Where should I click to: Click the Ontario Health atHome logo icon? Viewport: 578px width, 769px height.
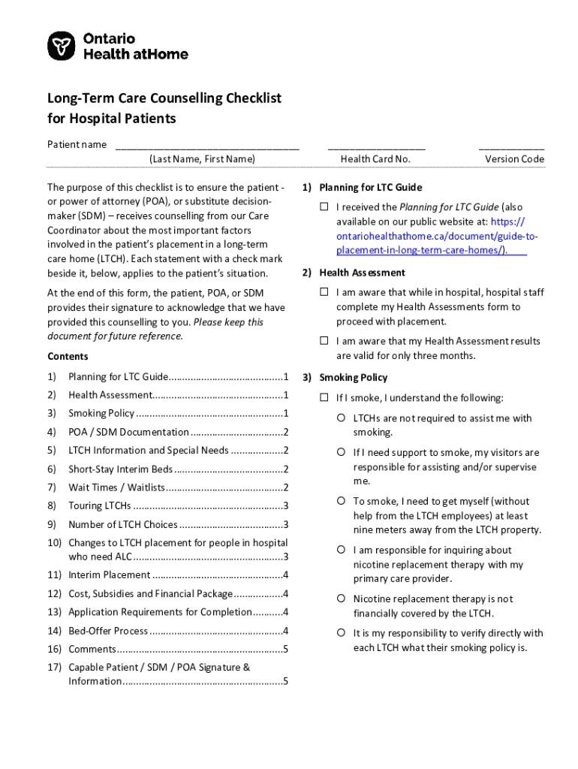(62, 46)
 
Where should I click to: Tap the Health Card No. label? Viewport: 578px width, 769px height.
(375, 159)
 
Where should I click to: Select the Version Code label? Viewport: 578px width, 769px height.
(514, 159)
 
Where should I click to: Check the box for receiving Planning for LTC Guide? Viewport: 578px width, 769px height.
(324, 207)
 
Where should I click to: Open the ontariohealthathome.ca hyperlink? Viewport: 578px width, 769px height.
(431, 236)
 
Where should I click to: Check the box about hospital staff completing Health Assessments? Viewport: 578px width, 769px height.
(324, 292)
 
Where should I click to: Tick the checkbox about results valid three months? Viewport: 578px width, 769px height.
(324, 341)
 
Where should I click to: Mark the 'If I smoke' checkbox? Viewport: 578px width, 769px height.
(324, 397)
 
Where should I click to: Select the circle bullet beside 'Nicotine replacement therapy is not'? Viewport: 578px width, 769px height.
(341, 599)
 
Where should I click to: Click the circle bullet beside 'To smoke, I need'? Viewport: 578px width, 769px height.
(341, 501)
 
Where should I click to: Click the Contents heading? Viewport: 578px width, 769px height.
(68, 356)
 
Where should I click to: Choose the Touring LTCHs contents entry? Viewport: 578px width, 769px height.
(99, 505)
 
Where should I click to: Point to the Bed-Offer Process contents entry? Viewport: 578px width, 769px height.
(108, 631)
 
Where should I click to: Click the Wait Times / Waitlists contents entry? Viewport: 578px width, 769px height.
(116, 487)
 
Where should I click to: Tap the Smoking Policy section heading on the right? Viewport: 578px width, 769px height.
(353, 378)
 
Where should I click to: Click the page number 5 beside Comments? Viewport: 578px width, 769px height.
(286, 649)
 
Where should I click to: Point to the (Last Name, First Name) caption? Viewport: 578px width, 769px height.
(202, 159)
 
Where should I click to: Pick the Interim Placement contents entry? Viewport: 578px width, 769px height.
(109, 575)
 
